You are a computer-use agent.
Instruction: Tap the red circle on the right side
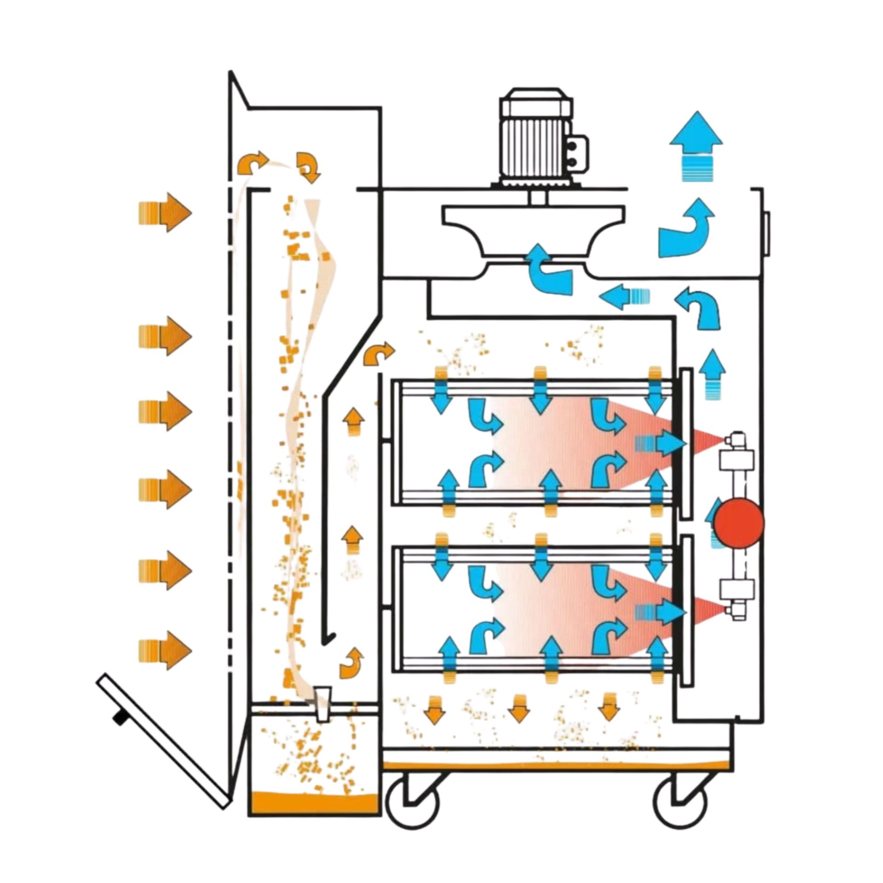tap(739, 522)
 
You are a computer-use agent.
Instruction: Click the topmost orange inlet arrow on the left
tap(165, 212)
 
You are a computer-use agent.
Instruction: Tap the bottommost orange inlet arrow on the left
tap(165, 650)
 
